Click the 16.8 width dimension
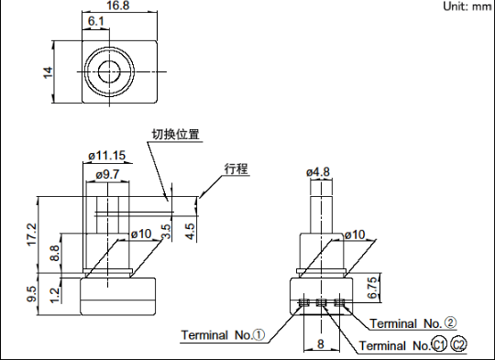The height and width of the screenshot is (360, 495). (118, 5)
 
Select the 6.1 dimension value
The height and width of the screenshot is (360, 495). (95, 21)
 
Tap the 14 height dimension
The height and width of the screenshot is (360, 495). (48, 72)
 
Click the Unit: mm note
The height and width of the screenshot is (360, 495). (467, 6)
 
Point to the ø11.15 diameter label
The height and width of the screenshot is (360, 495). (107, 156)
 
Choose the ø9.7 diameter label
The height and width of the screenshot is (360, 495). (107, 174)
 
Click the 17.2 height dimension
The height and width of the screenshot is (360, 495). (32, 235)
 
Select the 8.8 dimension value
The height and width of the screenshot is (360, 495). (55, 254)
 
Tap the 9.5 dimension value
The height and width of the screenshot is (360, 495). (32, 294)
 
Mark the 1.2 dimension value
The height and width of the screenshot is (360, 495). (55, 295)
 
